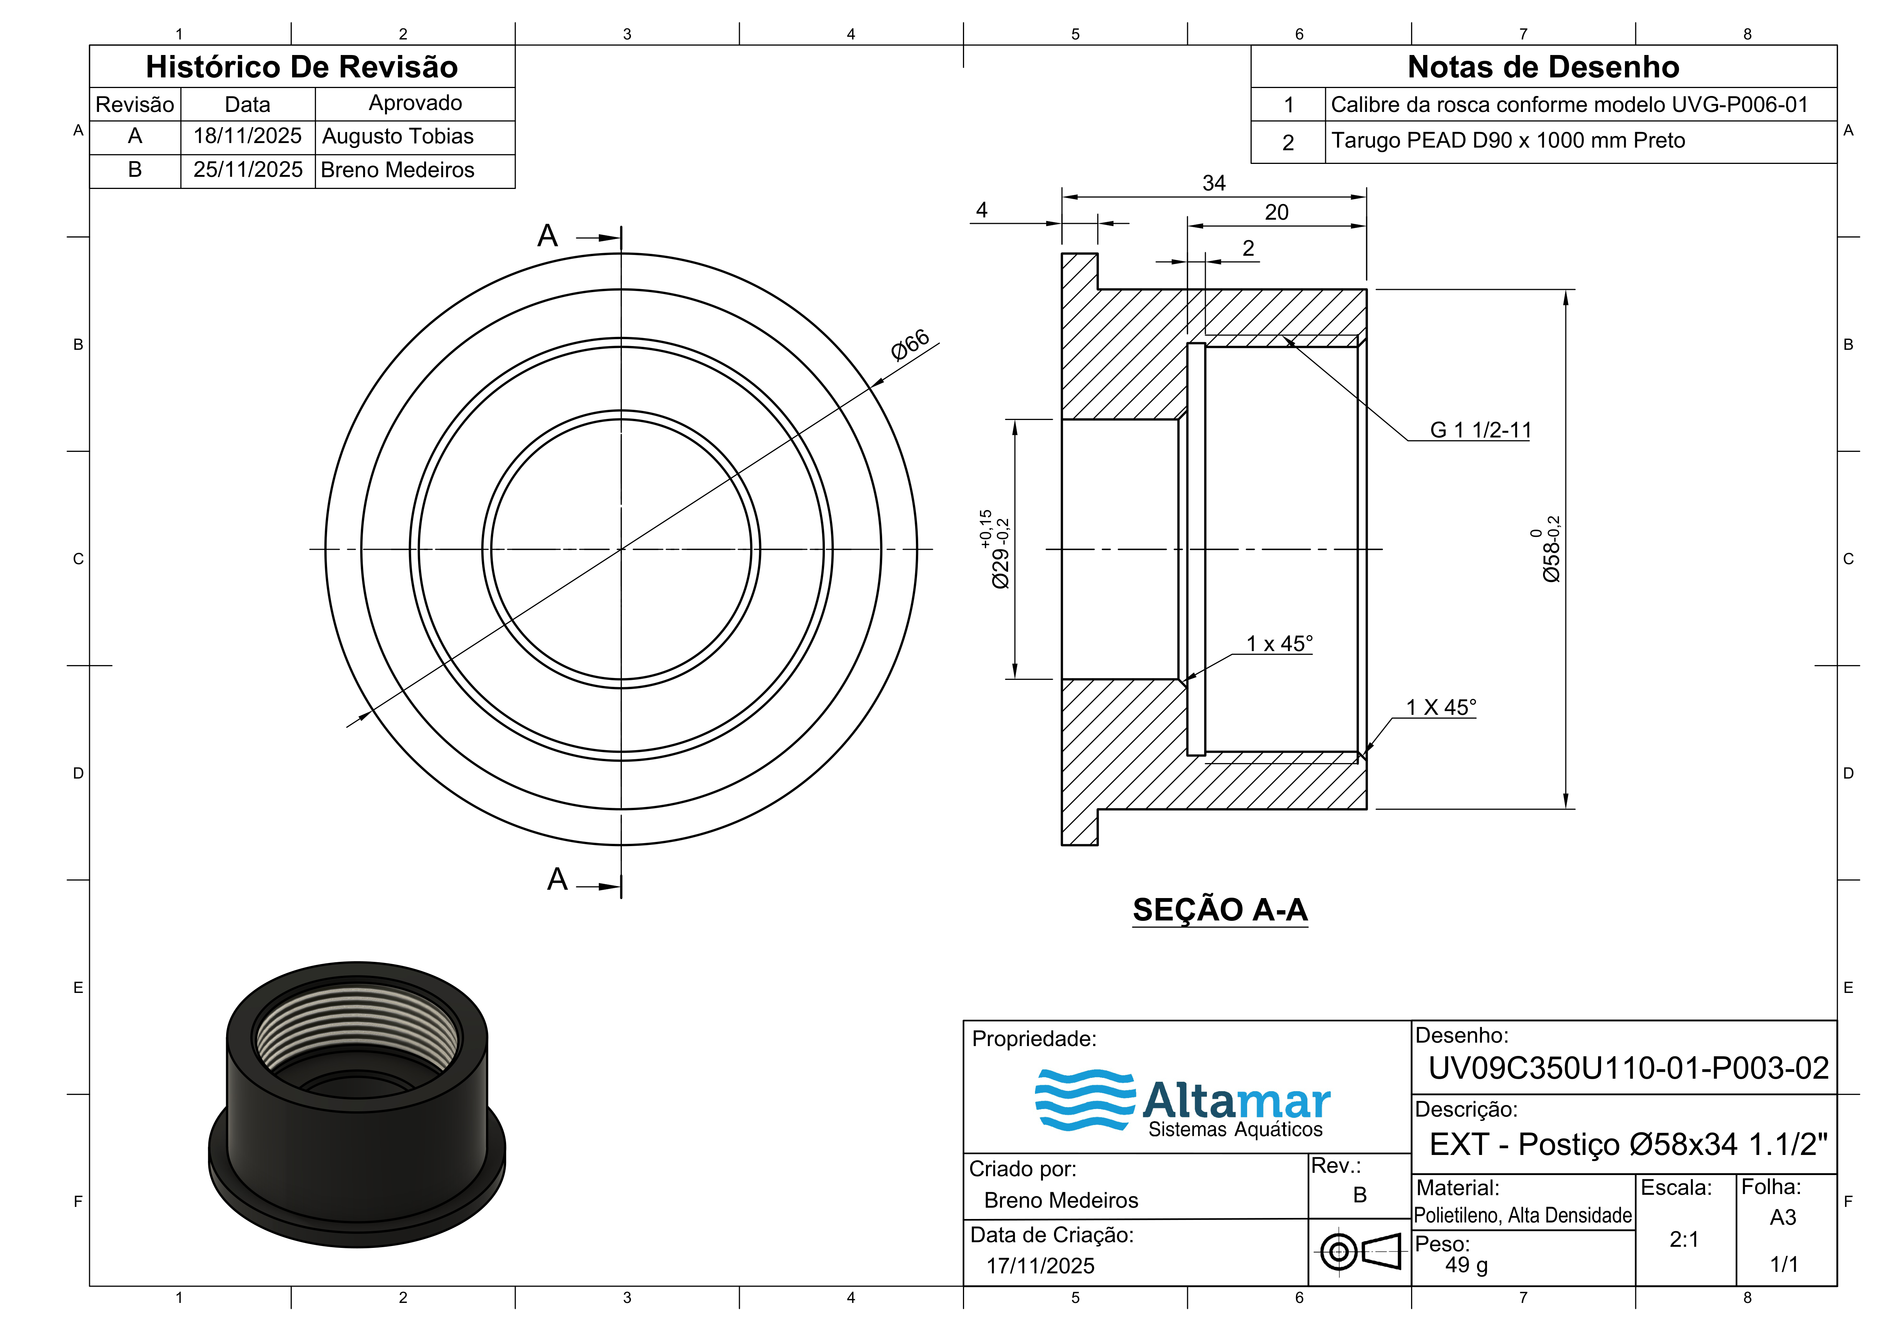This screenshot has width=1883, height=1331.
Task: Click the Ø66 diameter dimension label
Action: (x=910, y=345)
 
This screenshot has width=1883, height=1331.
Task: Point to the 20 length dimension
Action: (x=1276, y=212)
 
